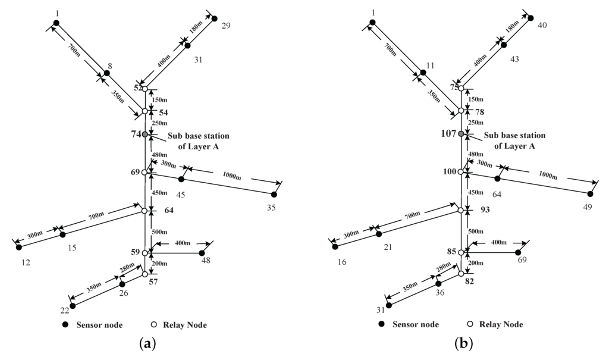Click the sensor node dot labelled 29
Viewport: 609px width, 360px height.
215,18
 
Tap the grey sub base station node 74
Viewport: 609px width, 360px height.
145,134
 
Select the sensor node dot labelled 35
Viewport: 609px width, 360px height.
274,195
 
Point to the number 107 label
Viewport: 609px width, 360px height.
447,134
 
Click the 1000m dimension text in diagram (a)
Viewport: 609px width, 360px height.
233,176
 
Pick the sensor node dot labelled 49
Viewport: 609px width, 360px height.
591,194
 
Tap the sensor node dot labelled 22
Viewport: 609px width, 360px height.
73,306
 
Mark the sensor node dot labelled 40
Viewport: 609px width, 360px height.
531,18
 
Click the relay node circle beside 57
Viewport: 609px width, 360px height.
145,274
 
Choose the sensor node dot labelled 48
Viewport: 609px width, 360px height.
202,253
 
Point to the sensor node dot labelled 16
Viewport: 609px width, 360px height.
335,246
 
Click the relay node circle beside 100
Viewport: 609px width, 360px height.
461,172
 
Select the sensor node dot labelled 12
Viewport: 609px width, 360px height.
18,247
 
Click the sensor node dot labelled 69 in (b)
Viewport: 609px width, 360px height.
518,252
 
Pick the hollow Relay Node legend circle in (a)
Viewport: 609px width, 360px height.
153,325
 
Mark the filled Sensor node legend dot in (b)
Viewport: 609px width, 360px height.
381,324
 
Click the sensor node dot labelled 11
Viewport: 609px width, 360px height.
423,73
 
